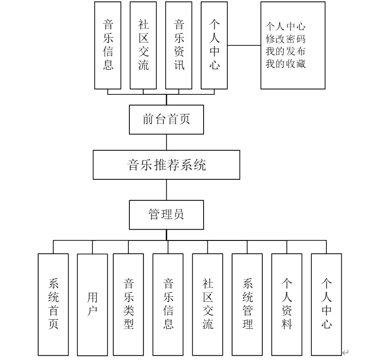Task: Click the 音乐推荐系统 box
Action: click(166, 165)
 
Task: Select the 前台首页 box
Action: click(166, 119)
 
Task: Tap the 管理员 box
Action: click(166, 215)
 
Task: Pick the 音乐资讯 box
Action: click(179, 45)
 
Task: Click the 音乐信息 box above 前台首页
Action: click(108, 45)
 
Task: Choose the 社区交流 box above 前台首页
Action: click(143, 45)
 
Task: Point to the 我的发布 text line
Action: click(286, 51)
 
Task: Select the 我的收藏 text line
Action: click(286, 64)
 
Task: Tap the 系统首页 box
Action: click(53, 304)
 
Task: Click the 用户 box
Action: click(92, 304)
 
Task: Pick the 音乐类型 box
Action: click(128, 304)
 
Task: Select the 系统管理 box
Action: click(247, 304)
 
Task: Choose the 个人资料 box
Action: click(287, 304)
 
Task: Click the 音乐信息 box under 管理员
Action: click(168, 304)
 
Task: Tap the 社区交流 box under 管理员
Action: click(208, 304)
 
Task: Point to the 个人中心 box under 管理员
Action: click(326, 304)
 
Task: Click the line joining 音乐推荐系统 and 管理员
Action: click(167, 190)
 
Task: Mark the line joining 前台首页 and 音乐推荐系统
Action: click(167, 142)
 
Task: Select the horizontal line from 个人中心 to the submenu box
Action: click(244, 45)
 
